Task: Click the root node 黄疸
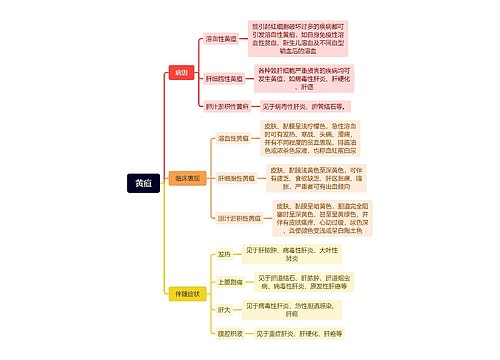click(x=141, y=182)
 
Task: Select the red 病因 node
click(x=181, y=73)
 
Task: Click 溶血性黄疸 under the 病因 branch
click(x=221, y=38)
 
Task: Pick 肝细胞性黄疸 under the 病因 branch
click(x=224, y=76)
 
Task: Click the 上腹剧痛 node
click(x=226, y=281)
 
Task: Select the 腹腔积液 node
click(x=226, y=333)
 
